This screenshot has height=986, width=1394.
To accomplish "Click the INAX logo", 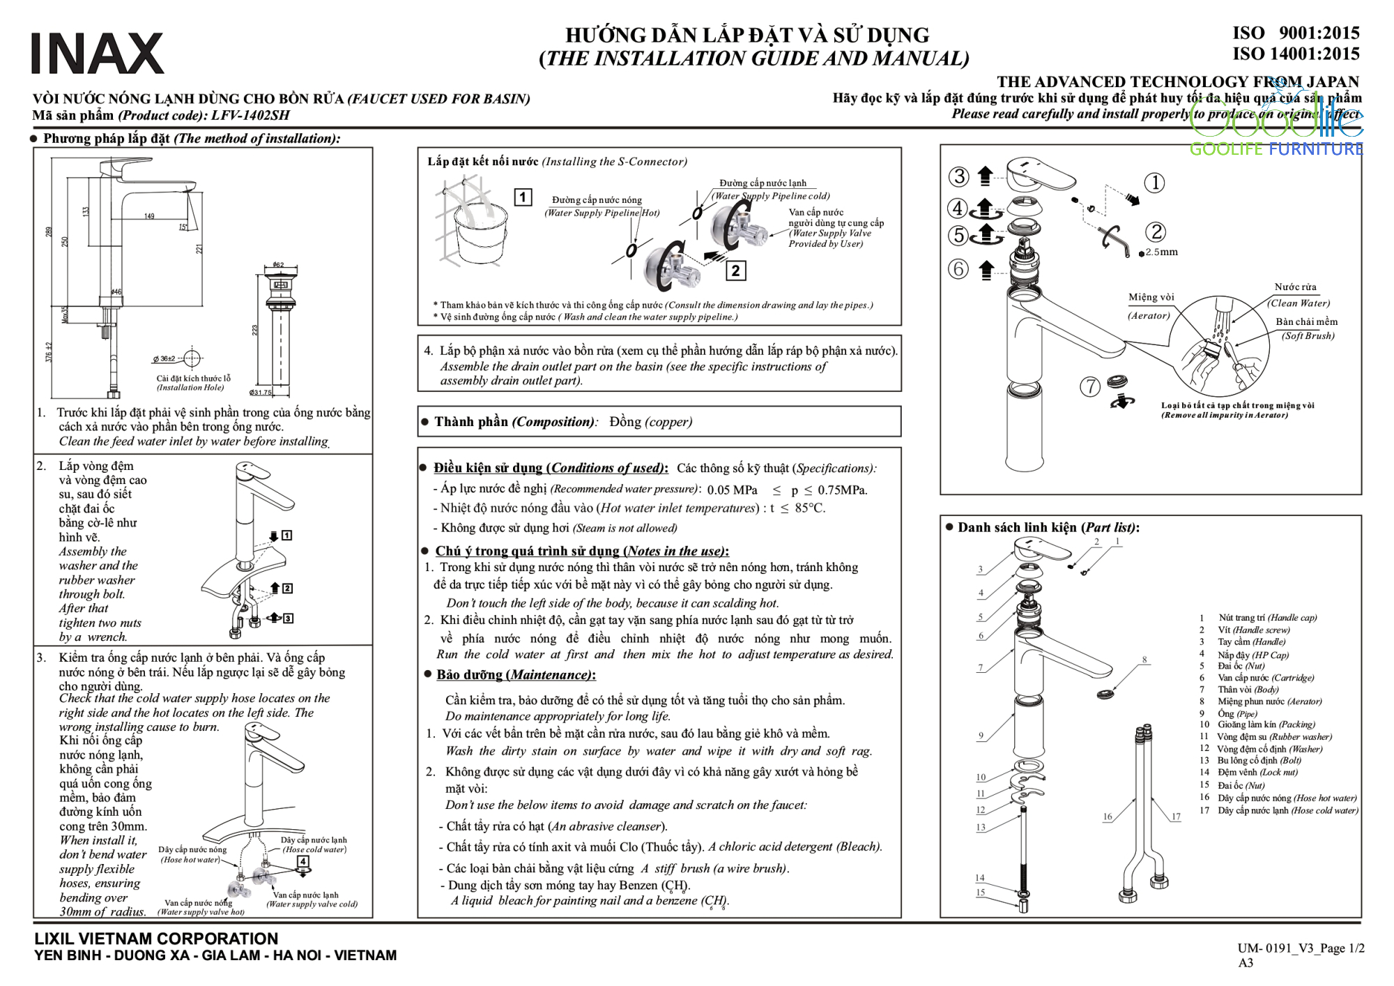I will point(98,53).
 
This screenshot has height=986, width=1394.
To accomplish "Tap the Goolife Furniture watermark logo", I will point(1276,129).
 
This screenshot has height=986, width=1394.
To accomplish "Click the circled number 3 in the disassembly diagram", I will point(959,176).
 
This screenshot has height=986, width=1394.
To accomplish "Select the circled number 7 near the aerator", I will point(1089,386).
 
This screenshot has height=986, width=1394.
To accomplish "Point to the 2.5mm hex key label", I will point(1161,252).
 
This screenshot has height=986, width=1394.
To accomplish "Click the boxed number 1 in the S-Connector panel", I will point(523,197).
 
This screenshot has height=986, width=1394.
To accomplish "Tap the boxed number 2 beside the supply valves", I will point(735,271).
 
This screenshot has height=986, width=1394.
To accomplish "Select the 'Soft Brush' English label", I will point(1308,336).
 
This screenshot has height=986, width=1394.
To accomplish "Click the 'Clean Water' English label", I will point(1299,303).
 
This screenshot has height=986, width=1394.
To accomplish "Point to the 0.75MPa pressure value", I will point(842,490).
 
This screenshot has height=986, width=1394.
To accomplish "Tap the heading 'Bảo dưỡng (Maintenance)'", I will point(516,675).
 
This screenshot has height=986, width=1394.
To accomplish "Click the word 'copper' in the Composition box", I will point(668,422).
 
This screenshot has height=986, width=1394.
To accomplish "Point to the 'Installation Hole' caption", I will point(190,388).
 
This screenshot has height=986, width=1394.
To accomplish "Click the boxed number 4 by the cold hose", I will point(303,861).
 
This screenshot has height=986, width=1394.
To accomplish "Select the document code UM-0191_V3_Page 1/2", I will point(1301,948).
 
